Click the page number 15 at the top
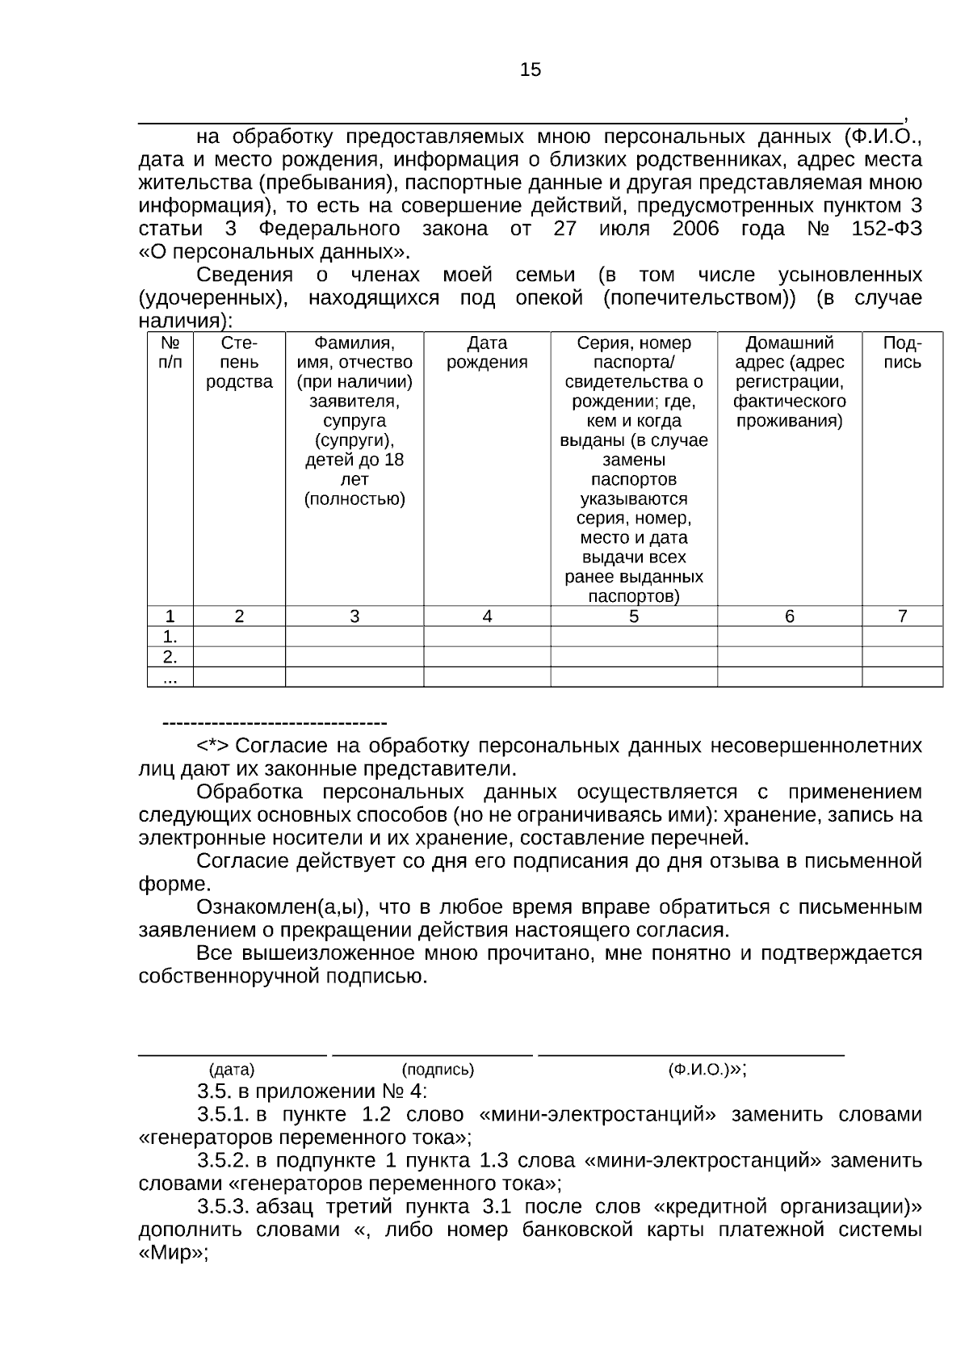(x=531, y=70)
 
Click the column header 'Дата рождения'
(x=487, y=353)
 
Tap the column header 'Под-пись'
(x=902, y=353)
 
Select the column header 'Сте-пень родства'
(x=239, y=363)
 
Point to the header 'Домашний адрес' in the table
(x=789, y=353)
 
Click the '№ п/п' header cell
(x=170, y=353)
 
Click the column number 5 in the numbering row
(x=634, y=616)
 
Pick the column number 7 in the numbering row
(x=902, y=616)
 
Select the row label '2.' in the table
(x=170, y=656)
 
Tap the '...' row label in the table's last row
(x=170, y=678)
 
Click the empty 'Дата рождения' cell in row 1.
(x=487, y=637)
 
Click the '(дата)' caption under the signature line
(x=232, y=1070)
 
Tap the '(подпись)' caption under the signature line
(x=438, y=1070)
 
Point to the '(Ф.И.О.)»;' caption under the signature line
(x=707, y=1070)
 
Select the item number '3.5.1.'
(x=224, y=1115)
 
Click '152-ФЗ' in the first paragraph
(x=886, y=229)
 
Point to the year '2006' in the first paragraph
(x=694, y=229)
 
